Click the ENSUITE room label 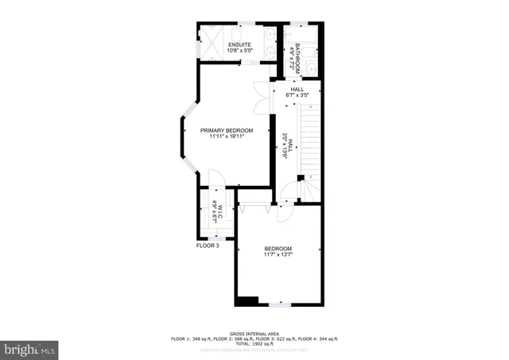click(x=239, y=44)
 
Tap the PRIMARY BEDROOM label click(x=227, y=130)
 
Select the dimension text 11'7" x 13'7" click(x=278, y=254)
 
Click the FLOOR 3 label click(x=208, y=246)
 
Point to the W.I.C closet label click(x=216, y=208)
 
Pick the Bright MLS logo click(x=30, y=348)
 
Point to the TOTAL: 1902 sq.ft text click(x=254, y=343)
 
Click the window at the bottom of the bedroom click(x=279, y=304)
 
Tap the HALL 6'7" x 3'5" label click(x=297, y=92)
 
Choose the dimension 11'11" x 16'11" click(x=226, y=137)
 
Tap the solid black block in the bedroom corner click(x=248, y=300)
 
